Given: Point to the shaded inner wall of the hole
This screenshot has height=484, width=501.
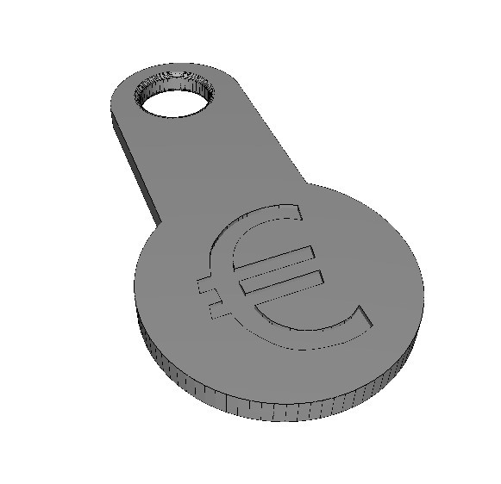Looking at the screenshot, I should point(177,86).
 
